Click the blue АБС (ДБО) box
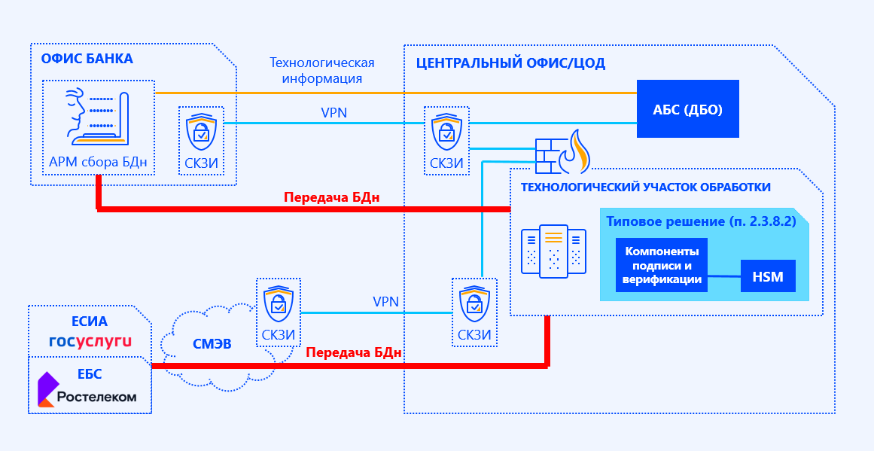point(687,109)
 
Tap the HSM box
point(767,277)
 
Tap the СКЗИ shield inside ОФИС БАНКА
point(201,131)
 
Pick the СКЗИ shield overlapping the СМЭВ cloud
point(278,301)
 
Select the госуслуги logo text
point(90,341)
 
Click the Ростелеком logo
point(88,390)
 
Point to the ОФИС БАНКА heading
point(87,59)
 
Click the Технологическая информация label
point(321,71)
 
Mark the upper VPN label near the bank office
point(333,113)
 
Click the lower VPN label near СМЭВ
point(385,302)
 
